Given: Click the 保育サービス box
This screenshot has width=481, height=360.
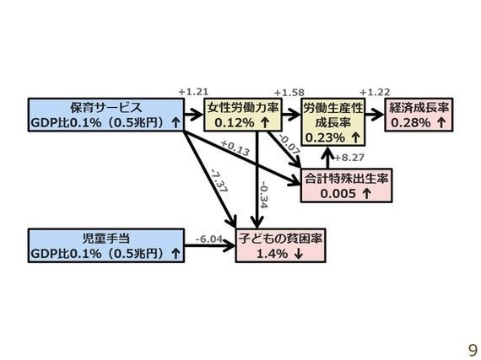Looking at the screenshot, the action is point(106,115).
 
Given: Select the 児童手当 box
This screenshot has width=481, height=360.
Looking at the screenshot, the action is point(106,245).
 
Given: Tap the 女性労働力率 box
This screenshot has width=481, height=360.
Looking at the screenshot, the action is point(243,115).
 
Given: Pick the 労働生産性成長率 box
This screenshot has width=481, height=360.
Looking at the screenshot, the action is point(333,122).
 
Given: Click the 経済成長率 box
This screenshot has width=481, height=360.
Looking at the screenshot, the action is point(419,115).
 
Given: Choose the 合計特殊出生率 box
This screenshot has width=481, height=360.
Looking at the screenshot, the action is point(346,185).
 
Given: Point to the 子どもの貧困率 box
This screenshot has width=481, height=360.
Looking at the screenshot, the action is point(280,245).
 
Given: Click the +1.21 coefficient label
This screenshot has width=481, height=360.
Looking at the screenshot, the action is point(193,92).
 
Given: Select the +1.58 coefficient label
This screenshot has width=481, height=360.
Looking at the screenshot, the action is point(289,92).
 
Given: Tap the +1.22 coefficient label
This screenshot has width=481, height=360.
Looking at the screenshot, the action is point(375,92).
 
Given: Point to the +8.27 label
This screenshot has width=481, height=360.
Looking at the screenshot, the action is point(349,158).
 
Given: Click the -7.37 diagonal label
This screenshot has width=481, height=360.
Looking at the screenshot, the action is point(219,180).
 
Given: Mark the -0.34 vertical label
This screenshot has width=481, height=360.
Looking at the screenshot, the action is point(263,195).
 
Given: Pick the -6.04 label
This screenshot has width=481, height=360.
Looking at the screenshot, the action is point(209,239).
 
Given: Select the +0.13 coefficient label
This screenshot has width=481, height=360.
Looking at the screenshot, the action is point(235,148).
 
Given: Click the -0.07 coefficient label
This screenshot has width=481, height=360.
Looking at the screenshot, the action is point(289,144).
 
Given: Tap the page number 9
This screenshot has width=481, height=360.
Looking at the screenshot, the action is point(473,350).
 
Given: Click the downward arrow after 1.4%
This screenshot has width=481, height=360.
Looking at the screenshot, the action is point(298,254).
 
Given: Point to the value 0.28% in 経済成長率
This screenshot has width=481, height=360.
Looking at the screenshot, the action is point(411,123).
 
